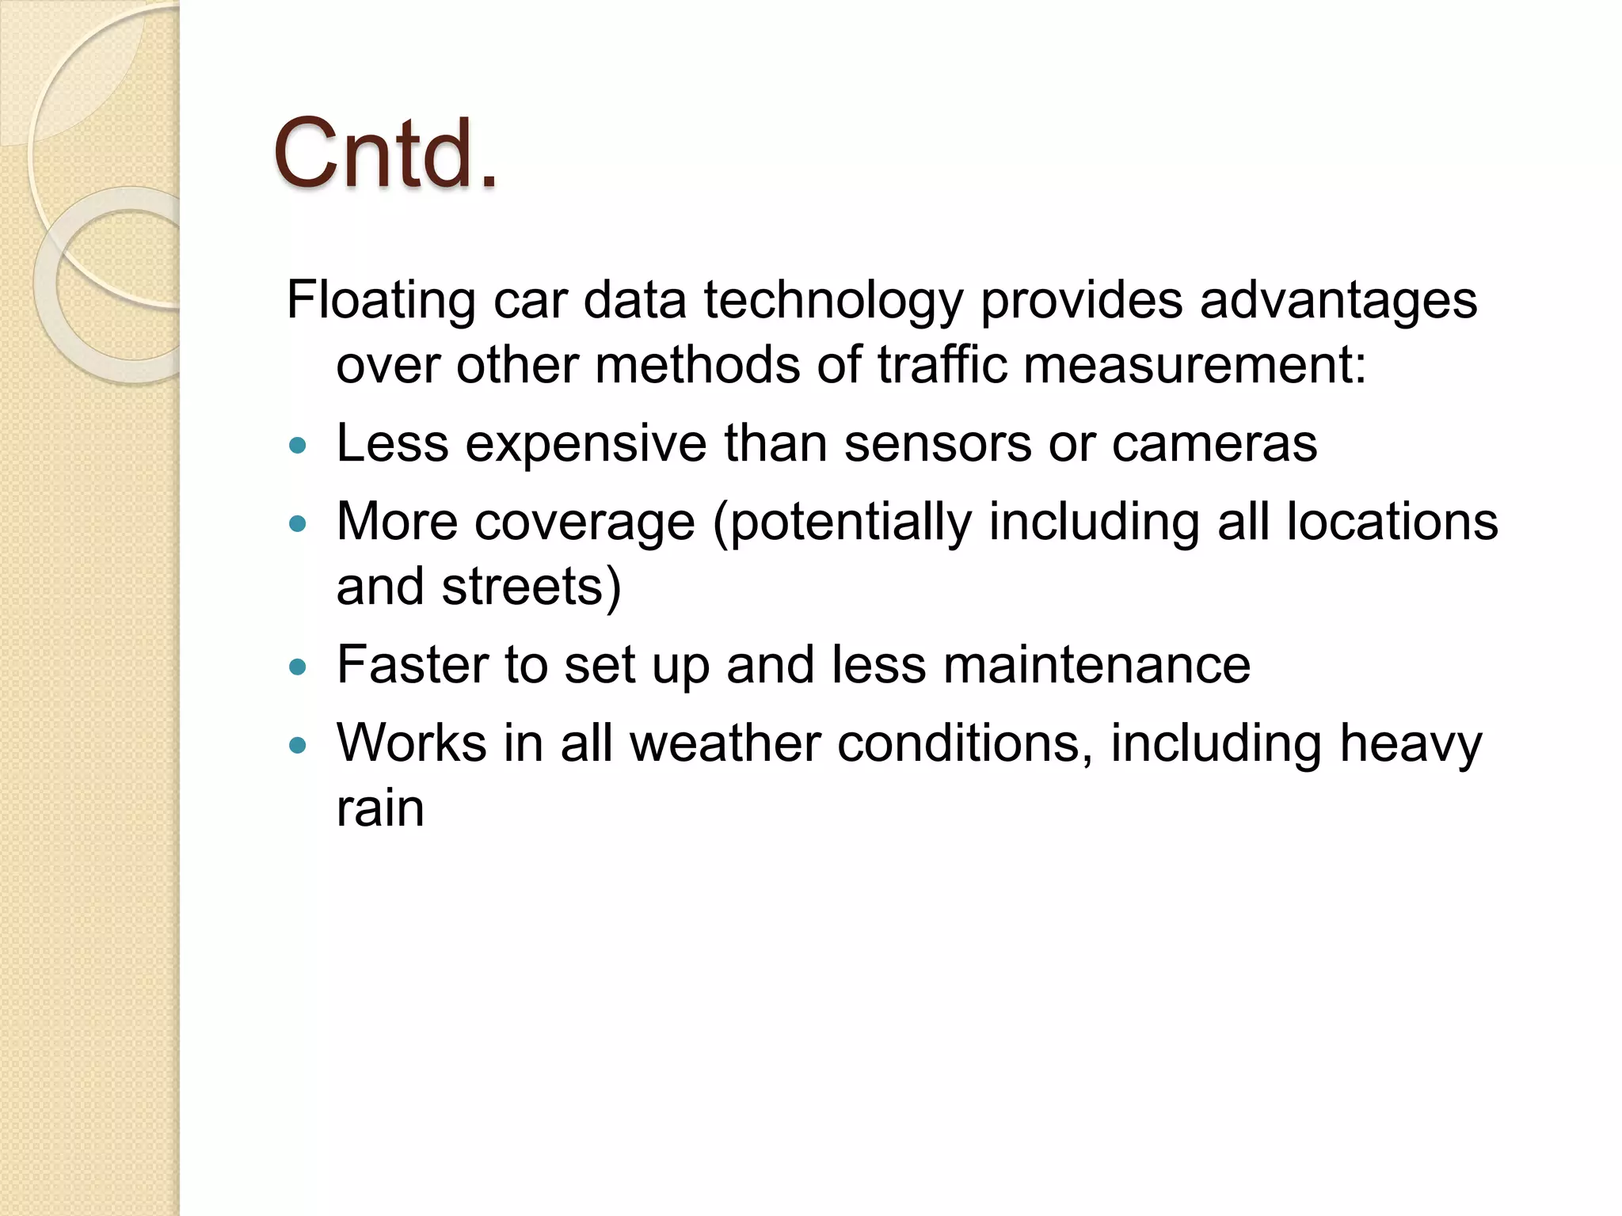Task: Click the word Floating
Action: (x=380, y=301)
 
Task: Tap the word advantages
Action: (x=1338, y=301)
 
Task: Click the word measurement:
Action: (x=1195, y=365)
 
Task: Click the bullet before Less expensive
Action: (x=298, y=446)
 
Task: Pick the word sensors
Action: (x=938, y=443)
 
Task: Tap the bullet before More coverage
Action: (x=298, y=523)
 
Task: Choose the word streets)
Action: (x=531, y=587)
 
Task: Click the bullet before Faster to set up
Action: (x=298, y=667)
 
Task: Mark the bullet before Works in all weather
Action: (x=298, y=745)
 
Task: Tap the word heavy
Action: (x=1410, y=745)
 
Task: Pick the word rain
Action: (x=380, y=808)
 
